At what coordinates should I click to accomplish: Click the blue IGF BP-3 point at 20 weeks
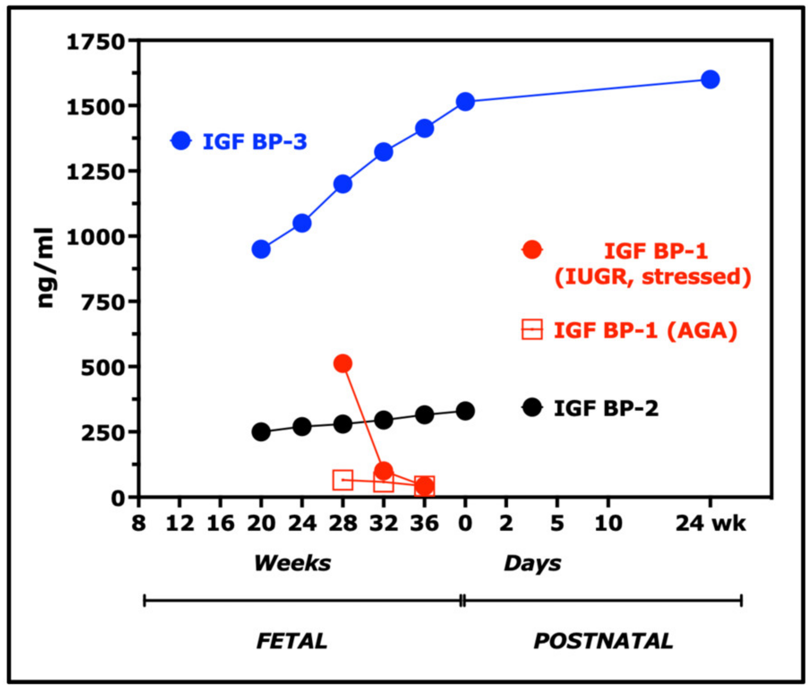coord(261,249)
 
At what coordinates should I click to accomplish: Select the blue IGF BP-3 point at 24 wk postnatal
coord(710,79)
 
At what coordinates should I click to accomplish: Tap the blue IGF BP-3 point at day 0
coord(465,102)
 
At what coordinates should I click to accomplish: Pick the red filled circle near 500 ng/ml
coord(343,364)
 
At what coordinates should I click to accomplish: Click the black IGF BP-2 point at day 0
coord(465,411)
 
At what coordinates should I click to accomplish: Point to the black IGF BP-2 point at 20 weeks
coord(261,432)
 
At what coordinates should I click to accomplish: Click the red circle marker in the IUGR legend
coord(532,250)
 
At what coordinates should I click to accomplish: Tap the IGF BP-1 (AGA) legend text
coord(645,331)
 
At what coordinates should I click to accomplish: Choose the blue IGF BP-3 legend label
coord(255,142)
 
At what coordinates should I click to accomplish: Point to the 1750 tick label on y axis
coord(95,42)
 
